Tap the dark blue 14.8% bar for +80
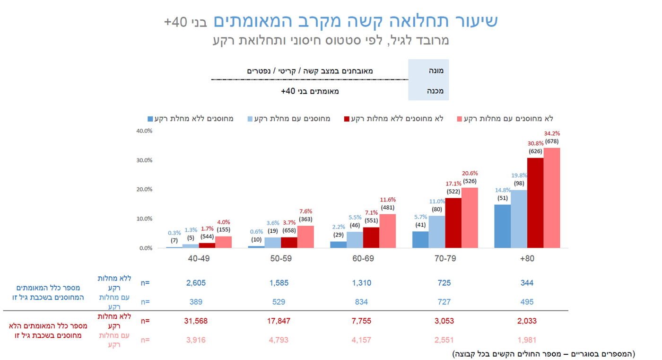502,226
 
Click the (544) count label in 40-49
207,229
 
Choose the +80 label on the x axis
527,259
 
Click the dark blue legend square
151,119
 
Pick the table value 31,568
196,321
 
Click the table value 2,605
196,283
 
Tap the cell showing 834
361,302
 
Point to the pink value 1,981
527,340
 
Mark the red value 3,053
444,321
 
